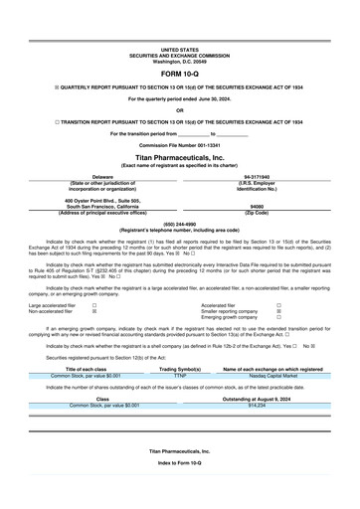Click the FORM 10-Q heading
179,74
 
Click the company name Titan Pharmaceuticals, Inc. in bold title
179,157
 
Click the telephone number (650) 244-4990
179,224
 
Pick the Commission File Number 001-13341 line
179,147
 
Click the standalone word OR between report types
179,110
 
